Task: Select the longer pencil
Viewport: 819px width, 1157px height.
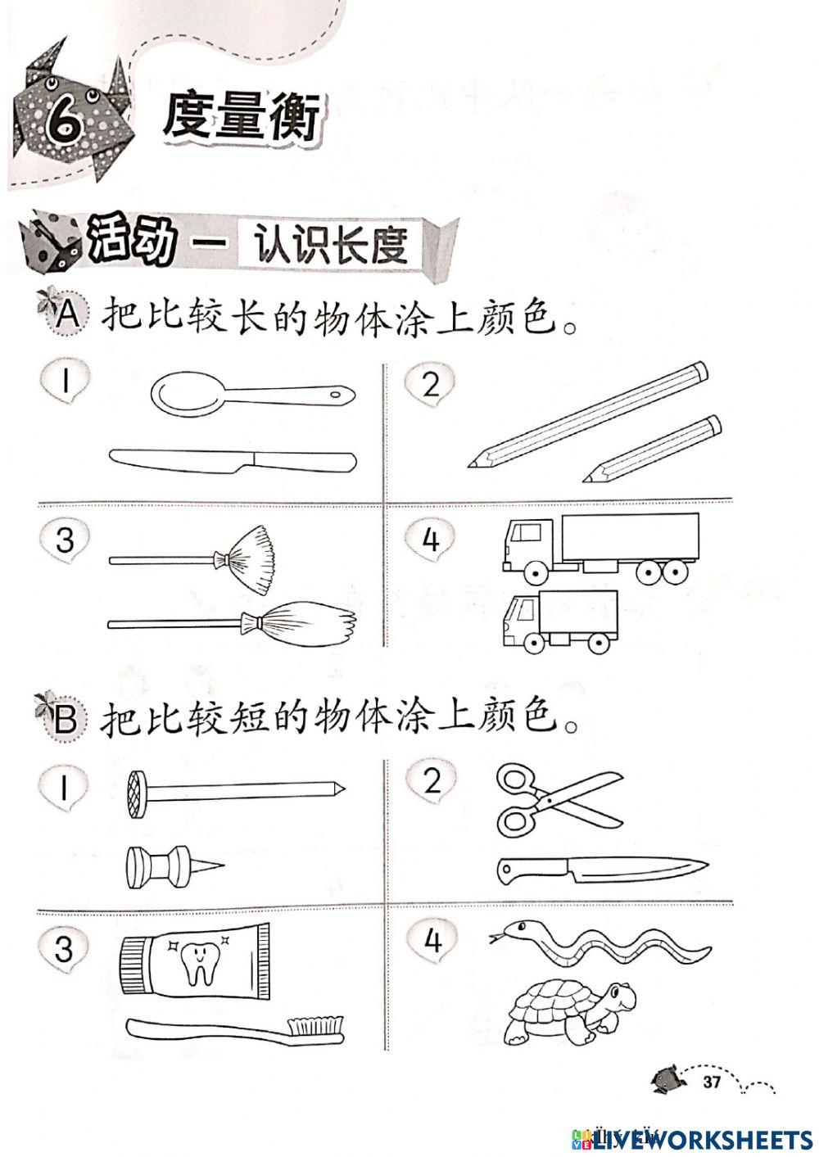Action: coord(590,414)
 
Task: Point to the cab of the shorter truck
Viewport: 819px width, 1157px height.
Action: coord(520,620)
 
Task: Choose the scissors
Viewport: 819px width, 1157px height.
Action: coord(557,798)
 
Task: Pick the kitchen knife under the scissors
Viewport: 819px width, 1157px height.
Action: coord(602,869)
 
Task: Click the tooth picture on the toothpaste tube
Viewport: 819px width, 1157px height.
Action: coord(197,963)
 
